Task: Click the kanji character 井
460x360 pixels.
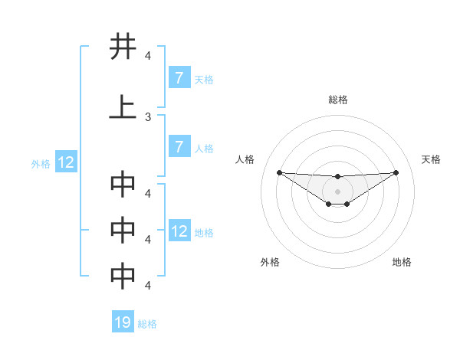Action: coord(123,47)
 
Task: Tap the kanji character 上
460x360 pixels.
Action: coord(123,107)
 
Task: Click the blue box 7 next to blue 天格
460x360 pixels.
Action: coord(179,77)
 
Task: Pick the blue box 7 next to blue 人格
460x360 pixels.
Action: coord(179,147)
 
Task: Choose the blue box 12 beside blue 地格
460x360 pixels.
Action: coord(179,231)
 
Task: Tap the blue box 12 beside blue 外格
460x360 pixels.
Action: coord(65,162)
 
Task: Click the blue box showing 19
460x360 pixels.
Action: coord(123,322)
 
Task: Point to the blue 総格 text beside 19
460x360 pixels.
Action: coord(147,324)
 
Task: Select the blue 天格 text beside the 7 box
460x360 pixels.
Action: coord(204,79)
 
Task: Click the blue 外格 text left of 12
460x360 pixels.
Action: coord(40,163)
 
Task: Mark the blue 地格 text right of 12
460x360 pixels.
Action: coord(204,232)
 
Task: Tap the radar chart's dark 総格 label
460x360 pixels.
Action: coord(337,100)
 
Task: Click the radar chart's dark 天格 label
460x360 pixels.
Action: coord(431,159)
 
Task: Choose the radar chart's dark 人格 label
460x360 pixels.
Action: coord(245,159)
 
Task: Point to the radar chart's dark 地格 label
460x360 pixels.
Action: coord(402,262)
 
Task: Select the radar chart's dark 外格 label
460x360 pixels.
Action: coord(270,262)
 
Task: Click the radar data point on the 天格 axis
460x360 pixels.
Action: coord(396,172)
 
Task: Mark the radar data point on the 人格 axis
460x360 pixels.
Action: coord(279,172)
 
